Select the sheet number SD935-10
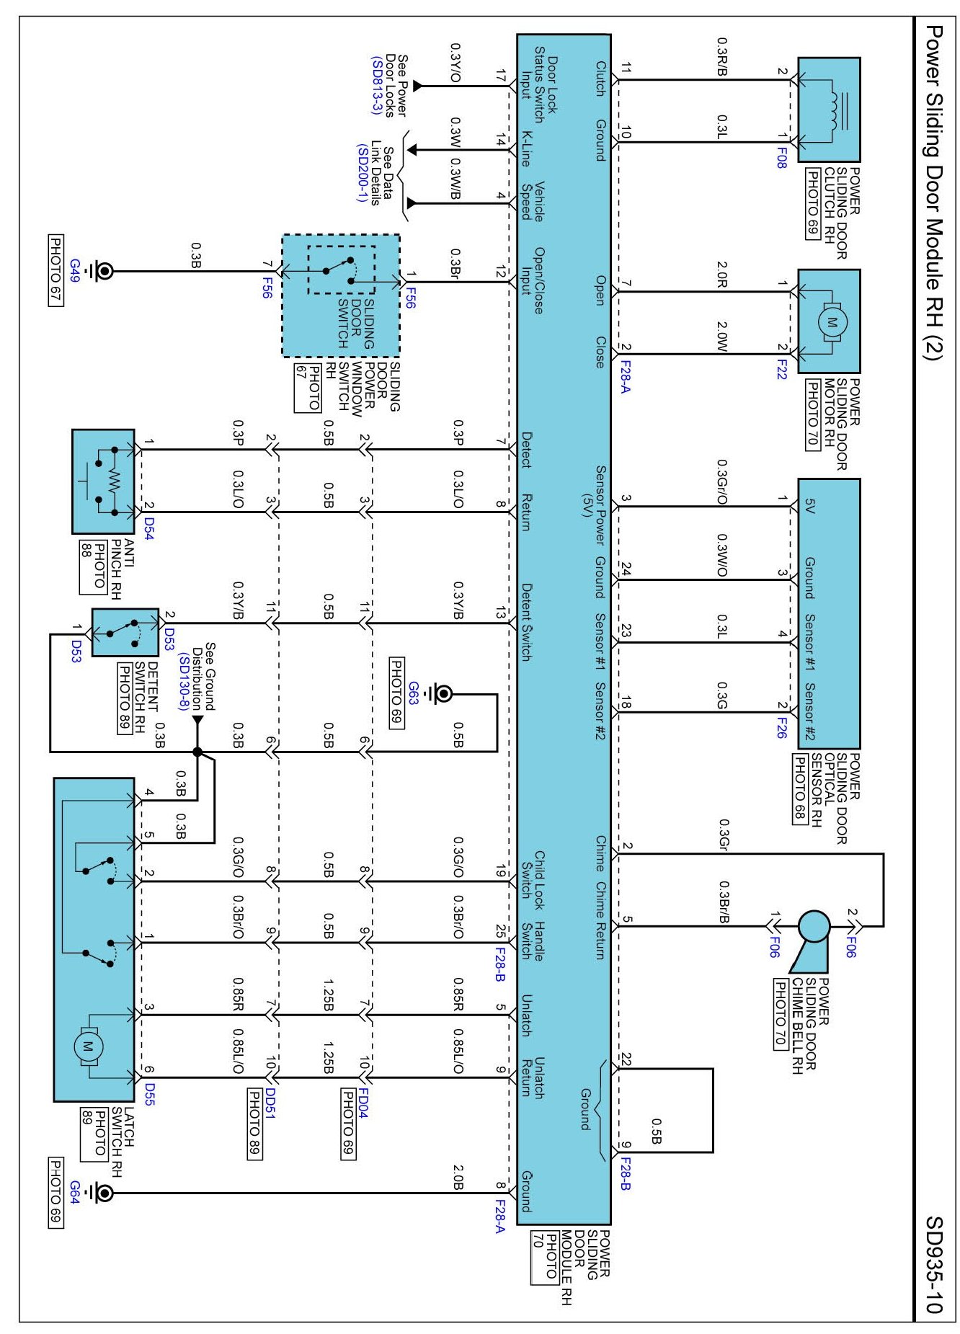point(933,1264)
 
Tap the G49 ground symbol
point(103,271)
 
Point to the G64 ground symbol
point(103,1193)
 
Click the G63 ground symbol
point(443,693)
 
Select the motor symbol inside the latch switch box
point(88,1046)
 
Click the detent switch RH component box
point(125,631)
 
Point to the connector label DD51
point(270,1103)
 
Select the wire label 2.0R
point(721,275)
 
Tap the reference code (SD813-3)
point(375,85)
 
